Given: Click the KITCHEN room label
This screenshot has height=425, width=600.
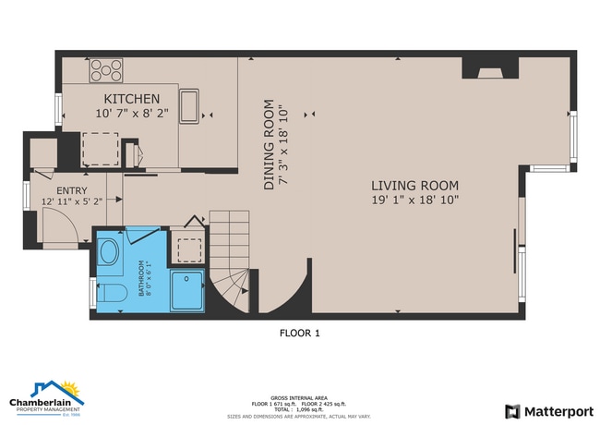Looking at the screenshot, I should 132,99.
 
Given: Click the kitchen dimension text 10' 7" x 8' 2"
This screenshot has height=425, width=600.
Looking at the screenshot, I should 132,114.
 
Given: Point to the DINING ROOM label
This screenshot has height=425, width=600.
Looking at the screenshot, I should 269,145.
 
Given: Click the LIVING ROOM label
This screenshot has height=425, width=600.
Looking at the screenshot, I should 414,185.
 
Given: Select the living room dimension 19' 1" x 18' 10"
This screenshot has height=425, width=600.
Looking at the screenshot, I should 414,200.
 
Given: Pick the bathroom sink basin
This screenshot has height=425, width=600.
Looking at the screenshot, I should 109,252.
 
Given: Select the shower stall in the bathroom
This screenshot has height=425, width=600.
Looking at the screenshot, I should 191,292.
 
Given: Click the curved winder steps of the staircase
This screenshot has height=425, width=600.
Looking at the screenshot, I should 233,287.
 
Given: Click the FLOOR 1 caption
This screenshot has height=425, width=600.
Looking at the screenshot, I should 299,334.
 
